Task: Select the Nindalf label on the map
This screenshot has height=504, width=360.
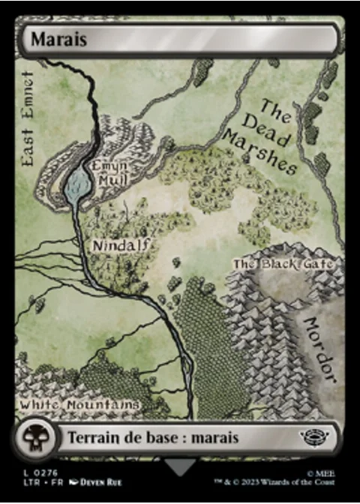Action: (122, 244)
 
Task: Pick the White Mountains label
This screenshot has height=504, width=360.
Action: (79, 405)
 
